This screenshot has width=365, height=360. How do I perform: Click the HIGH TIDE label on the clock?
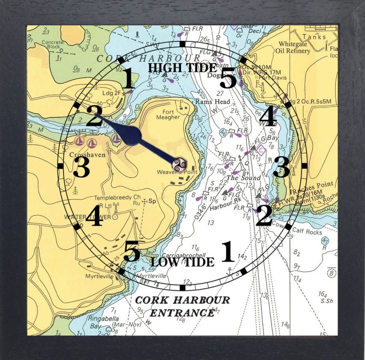[182, 68]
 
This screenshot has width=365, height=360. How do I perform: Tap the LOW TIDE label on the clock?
[182, 262]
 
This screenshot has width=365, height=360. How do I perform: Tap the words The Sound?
[243, 178]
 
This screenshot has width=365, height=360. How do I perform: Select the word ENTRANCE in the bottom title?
[182, 312]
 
